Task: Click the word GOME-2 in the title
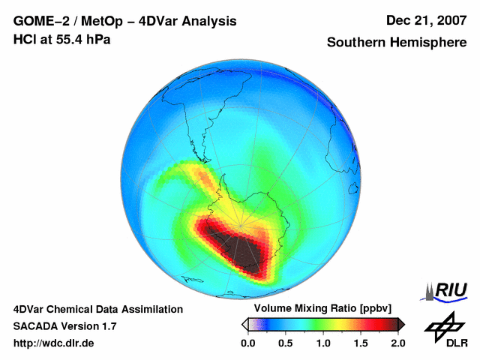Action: tap(39, 22)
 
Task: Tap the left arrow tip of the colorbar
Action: tap(244, 324)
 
